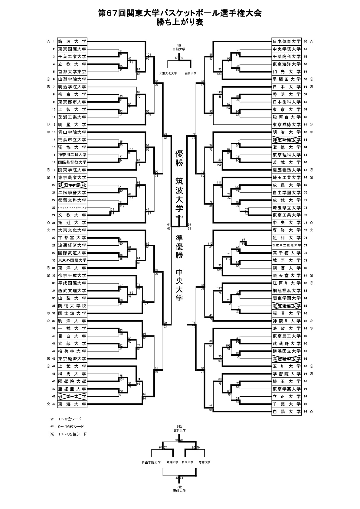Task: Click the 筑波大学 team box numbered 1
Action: tap(72, 41)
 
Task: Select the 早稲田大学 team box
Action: tap(286, 79)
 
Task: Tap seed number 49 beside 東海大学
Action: tap(54, 404)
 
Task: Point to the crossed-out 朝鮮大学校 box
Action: tap(72, 185)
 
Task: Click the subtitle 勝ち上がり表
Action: tap(180, 22)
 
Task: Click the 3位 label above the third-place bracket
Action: tap(179, 45)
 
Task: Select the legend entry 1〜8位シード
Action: tap(70, 419)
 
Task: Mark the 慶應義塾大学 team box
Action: tap(286, 170)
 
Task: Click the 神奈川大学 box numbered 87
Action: tap(286, 321)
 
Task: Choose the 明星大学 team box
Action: tap(72, 125)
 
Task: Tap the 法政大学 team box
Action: tap(286, 328)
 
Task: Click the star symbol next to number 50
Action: tap(311, 41)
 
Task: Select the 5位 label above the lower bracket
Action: tap(179, 427)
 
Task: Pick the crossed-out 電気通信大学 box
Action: tap(286, 306)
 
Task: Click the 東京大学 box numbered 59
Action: tap(286, 109)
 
